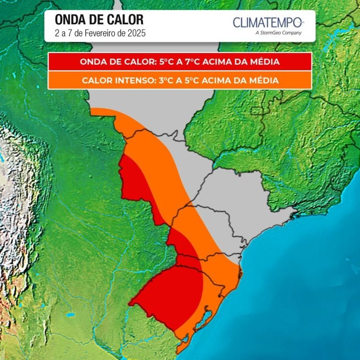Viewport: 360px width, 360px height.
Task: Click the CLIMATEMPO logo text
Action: [268, 22]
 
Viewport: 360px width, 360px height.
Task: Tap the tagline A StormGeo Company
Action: [278, 33]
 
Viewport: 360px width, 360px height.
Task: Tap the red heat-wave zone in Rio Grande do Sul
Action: [169, 293]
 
